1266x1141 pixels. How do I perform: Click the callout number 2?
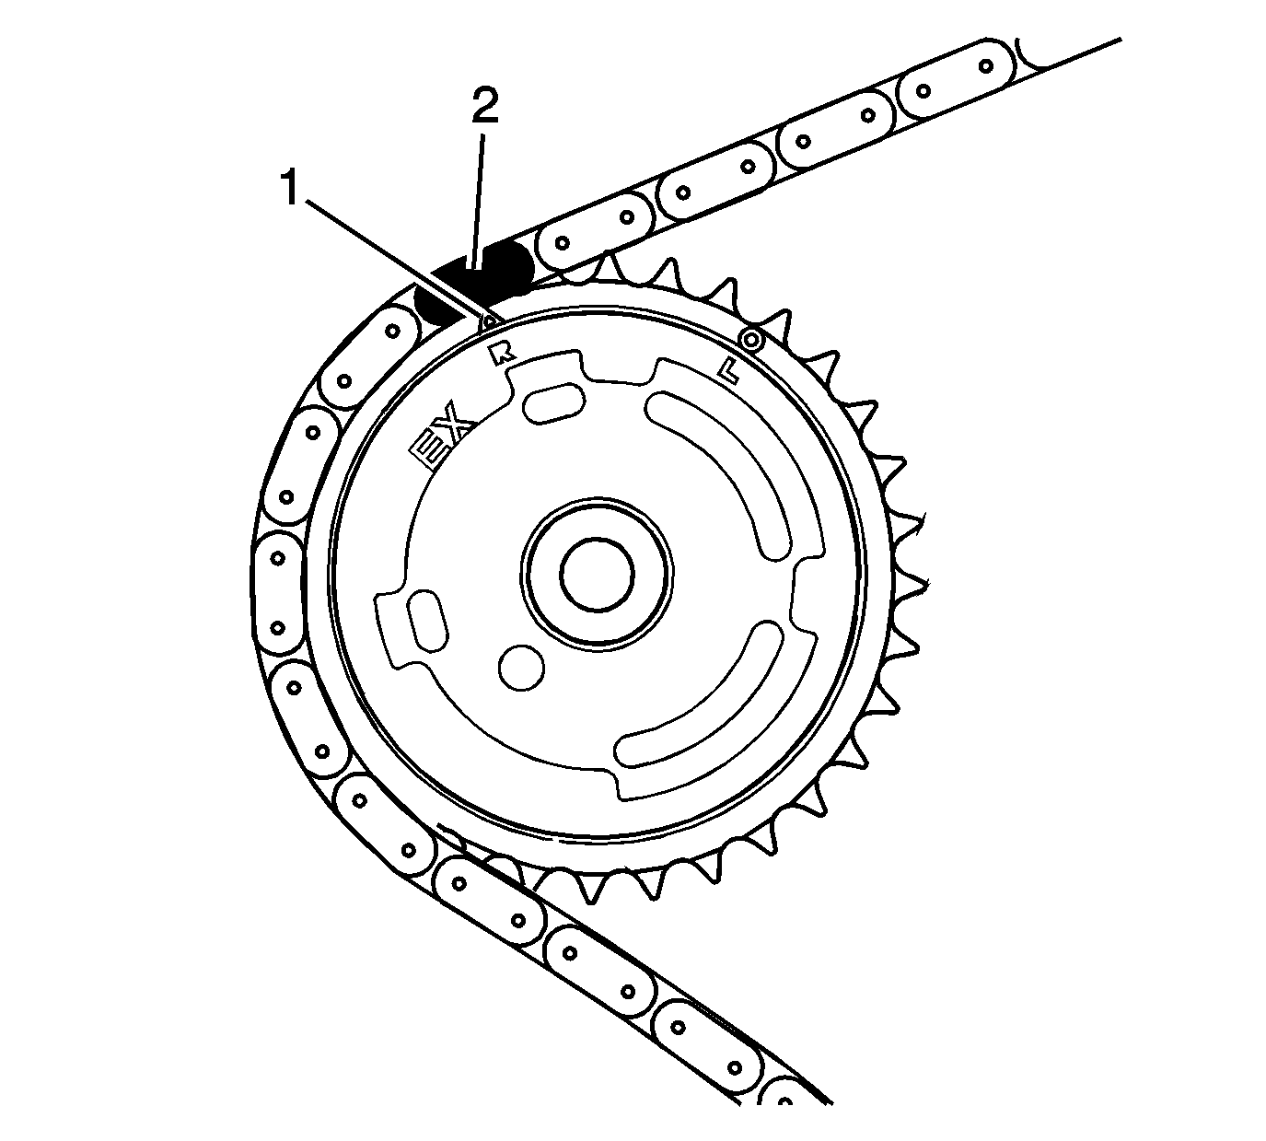(484, 108)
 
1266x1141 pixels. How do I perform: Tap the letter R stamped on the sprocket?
(502, 354)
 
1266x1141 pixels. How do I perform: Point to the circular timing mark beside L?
(752, 341)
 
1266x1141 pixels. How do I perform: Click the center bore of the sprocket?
(598, 573)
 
